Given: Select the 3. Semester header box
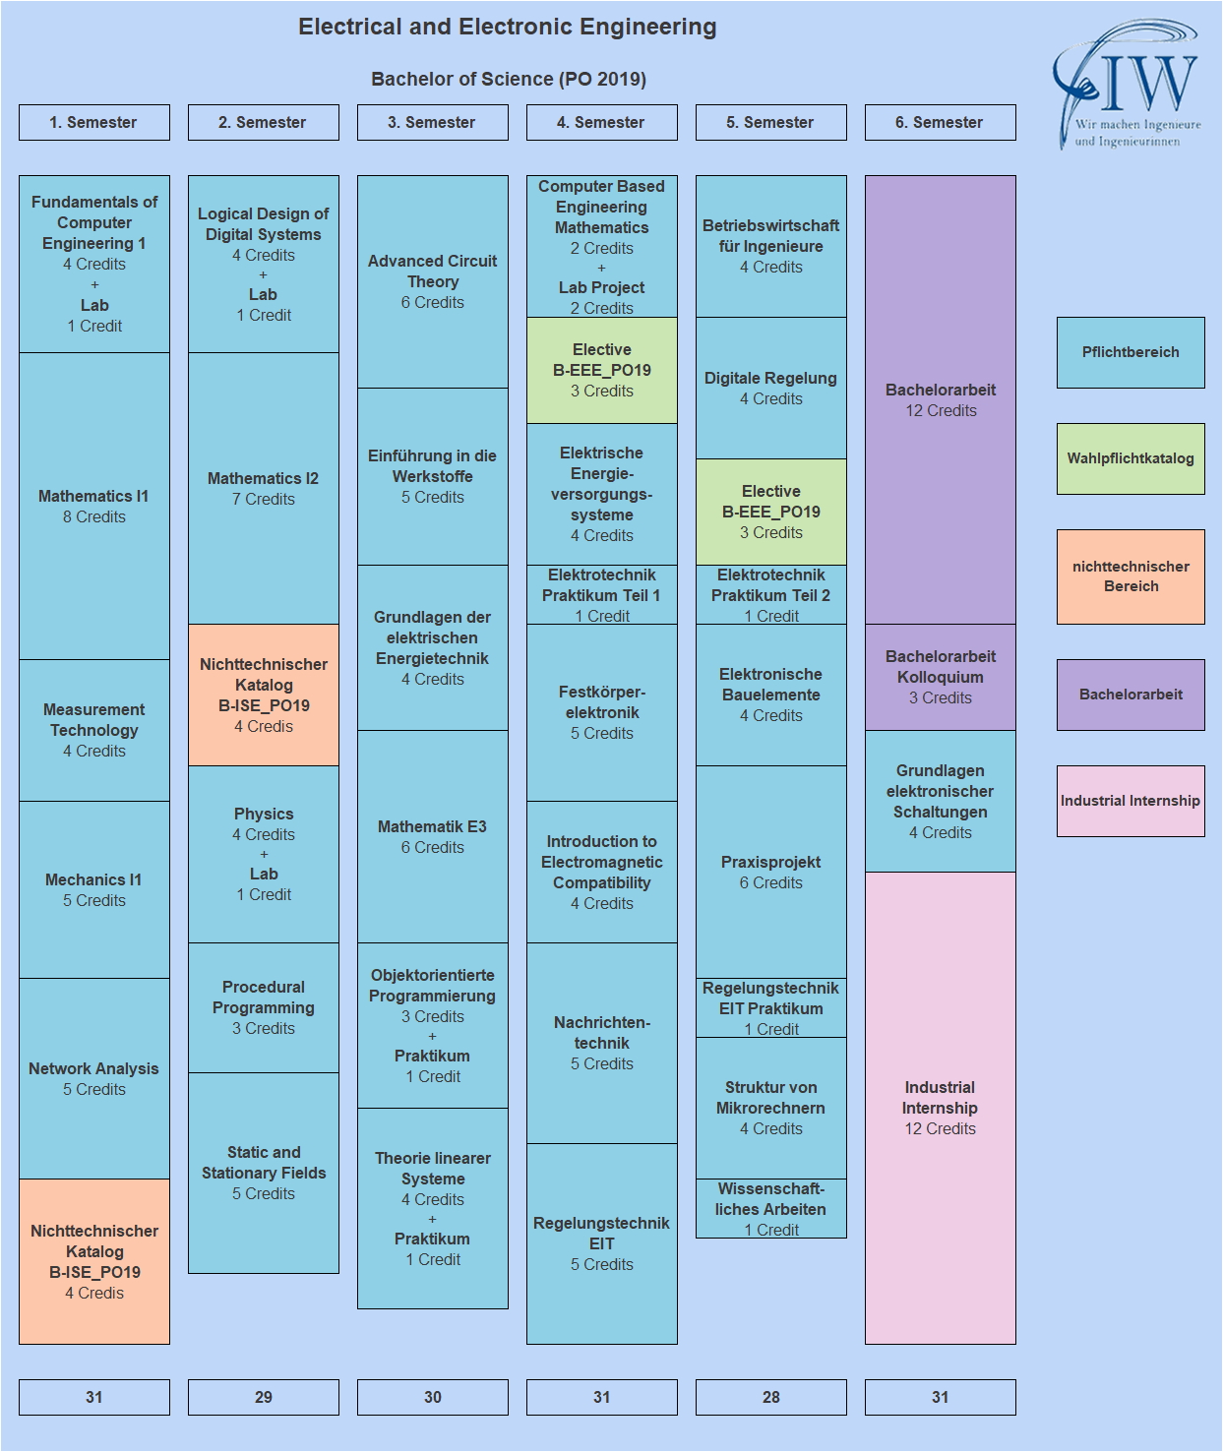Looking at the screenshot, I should point(432,123).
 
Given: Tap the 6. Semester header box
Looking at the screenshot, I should point(940,123).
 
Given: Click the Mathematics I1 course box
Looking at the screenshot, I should point(94,506).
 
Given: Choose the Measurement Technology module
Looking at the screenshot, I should point(94,730).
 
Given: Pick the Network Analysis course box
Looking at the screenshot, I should point(94,1078).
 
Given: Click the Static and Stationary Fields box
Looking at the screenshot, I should point(264,1173).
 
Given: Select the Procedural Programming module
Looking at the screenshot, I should point(264,1007).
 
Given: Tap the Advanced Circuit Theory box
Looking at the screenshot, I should point(432,281).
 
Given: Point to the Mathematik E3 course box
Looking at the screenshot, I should point(432,836).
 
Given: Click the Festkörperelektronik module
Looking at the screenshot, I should point(601,712).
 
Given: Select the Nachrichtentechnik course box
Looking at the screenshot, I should point(601,1043).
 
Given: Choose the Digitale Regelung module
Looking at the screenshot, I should point(770,388).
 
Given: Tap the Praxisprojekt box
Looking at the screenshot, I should point(770,872).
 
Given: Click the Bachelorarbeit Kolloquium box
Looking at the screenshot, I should point(940,677).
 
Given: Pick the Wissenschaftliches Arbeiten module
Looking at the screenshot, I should point(770,1208).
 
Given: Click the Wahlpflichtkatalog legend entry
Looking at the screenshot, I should point(1131,458).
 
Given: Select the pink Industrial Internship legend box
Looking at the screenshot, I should point(1131,801).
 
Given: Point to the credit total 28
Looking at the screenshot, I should point(770,1397).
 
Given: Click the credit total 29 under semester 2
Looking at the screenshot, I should point(264,1397).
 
